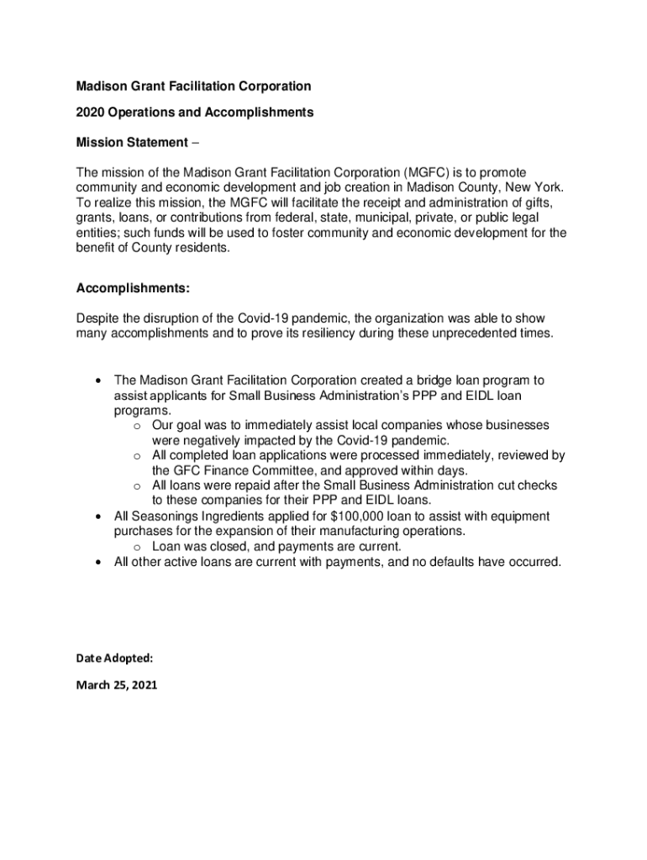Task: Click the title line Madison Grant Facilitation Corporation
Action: click(193, 87)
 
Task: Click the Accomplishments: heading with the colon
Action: click(133, 289)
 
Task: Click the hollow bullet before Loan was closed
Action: click(136, 547)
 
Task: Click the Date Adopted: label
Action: click(114, 658)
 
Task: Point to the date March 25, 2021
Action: click(116, 685)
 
